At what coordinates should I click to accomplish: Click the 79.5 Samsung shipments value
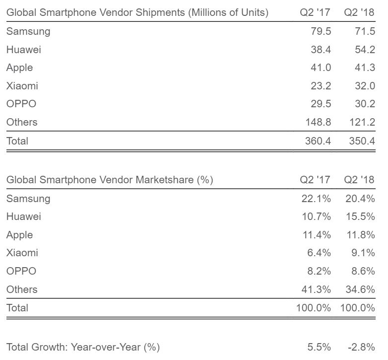click(320, 31)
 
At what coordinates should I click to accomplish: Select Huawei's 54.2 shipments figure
click(363, 50)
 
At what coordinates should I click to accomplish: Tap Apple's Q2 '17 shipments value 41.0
click(320, 68)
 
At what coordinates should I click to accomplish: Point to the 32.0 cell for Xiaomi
click(363, 85)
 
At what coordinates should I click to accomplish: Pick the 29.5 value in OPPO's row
click(320, 104)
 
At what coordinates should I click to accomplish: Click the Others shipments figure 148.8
click(318, 122)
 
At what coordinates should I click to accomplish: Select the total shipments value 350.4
click(361, 141)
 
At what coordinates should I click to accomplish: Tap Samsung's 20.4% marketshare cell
click(360, 199)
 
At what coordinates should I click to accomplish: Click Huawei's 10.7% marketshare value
click(317, 216)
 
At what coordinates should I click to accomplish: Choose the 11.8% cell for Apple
click(360, 235)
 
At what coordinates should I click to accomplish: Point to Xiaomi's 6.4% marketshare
click(319, 253)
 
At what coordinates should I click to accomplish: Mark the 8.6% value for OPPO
click(362, 271)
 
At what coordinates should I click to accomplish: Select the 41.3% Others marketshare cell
click(317, 289)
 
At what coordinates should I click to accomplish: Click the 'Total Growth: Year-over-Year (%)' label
click(83, 347)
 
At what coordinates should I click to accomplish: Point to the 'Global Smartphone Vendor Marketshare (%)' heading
click(110, 180)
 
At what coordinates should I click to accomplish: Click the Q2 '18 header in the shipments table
click(359, 13)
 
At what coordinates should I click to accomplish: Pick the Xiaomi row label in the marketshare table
click(22, 253)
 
